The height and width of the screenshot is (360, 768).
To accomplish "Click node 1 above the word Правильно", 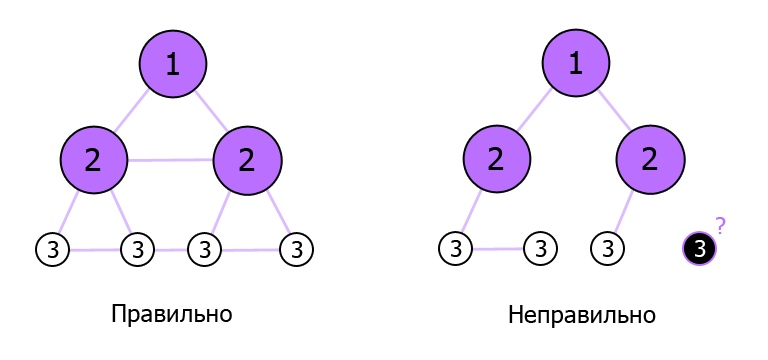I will [173, 64].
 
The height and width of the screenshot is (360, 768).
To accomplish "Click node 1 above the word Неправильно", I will [576, 64].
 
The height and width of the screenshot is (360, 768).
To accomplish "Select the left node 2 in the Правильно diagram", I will [94, 160].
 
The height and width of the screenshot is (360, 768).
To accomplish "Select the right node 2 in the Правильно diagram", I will [247, 160].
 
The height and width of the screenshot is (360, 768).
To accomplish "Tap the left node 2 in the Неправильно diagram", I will [497, 160].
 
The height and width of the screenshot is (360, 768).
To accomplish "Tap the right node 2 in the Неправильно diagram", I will [650, 160].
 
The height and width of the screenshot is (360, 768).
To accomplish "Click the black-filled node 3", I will [700, 248].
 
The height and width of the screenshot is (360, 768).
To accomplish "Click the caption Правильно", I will [172, 315].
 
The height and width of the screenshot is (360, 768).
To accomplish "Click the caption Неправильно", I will [581, 315].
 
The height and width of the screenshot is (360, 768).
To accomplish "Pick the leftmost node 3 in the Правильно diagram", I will [52, 248].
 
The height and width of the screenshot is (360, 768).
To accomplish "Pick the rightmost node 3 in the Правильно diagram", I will [296, 248].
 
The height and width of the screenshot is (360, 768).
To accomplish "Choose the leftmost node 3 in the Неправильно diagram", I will [456, 248].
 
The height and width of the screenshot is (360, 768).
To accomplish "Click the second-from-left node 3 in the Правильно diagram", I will [138, 248].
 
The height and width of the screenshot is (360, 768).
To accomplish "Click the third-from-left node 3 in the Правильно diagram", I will [204, 248].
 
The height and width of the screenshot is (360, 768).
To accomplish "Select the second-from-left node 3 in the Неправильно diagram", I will [540, 248].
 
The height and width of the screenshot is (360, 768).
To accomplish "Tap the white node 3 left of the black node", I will [608, 248].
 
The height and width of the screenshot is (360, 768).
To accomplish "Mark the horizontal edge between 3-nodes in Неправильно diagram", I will [498, 249].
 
